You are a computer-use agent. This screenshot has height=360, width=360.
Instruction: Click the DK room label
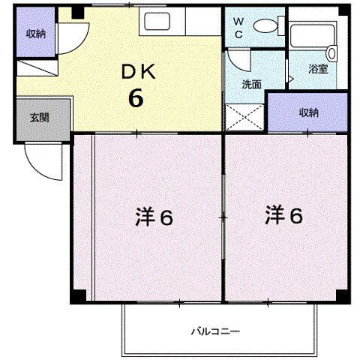pyautogui.click(x=138, y=72)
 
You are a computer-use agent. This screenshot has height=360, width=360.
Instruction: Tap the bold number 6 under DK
pyautogui.click(x=136, y=97)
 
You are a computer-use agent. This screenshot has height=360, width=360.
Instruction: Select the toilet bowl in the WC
pyautogui.click(x=265, y=25)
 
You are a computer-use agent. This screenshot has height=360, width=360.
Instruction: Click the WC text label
pyautogui.click(x=238, y=28)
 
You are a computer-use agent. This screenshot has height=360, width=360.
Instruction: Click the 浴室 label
pyautogui.click(x=318, y=69)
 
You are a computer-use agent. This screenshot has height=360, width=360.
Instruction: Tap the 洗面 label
pyautogui.click(x=251, y=84)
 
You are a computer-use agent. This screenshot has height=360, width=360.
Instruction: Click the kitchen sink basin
pyautogui.click(x=157, y=21)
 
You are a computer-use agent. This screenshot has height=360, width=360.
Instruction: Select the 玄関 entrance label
pyautogui.click(x=40, y=117)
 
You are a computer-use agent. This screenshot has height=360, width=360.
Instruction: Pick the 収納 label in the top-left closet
pyautogui.click(x=36, y=34)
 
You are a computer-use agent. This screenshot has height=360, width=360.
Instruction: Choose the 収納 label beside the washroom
pyautogui.click(x=309, y=112)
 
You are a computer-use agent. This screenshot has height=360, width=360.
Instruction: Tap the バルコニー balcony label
pyautogui.click(x=215, y=331)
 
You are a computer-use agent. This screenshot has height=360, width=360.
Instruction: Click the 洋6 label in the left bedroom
pyautogui.click(x=154, y=217)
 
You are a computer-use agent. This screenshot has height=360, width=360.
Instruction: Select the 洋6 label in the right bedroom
pyautogui.click(x=283, y=214)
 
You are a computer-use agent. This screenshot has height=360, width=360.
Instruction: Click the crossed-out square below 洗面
pyautogui.click(x=244, y=117)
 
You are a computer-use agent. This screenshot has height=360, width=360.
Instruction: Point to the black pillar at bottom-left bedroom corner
pyautogui.click(x=78, y=296)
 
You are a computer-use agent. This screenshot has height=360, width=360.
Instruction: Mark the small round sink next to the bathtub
pyautogui.click(x=332, y=53)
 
